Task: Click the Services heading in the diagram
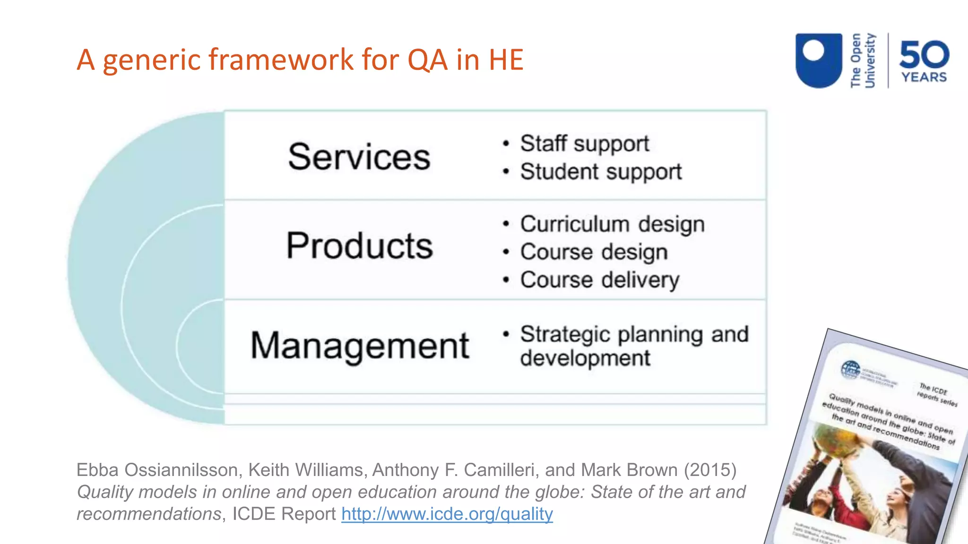[x=359, y=157]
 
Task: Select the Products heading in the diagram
[x=359, y=246]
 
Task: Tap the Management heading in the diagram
[x=359, y=346]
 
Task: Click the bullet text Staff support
[x=584, y=144]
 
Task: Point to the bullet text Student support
[x=600, y=171]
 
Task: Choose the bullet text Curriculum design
[x=612, y=224]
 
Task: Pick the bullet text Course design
[x=594, y=252]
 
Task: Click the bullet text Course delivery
[x=599, y=280]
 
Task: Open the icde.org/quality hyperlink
[x=447, y=514]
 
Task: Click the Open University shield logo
[x=819, y=60]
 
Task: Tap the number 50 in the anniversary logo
[x=924, y=54]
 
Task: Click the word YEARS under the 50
[x=924, y=77]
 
